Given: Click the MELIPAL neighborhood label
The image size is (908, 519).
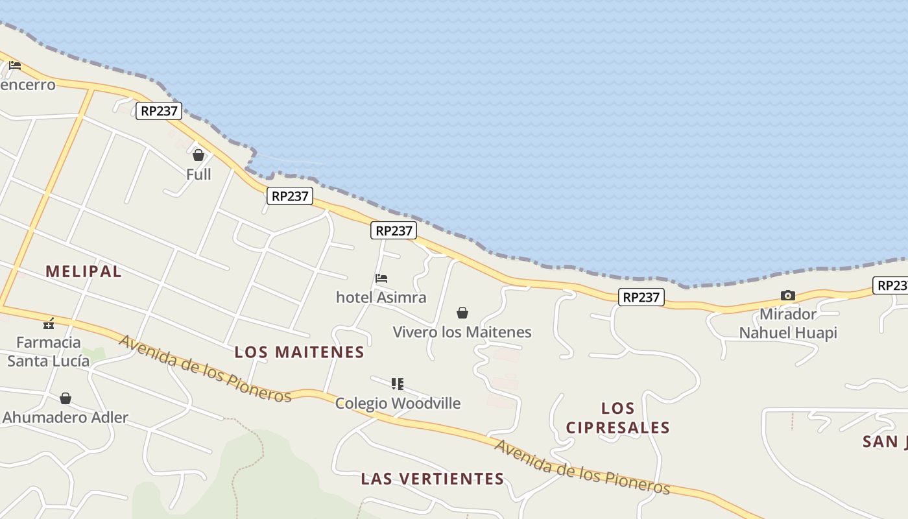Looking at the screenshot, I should point(83,271).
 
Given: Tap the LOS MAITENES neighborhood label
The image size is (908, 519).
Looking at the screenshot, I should point(299,352).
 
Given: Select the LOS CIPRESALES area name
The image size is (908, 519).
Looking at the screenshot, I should point(617,418).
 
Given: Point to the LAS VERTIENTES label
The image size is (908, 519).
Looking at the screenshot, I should point(433,479).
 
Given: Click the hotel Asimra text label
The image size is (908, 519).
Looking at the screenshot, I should point(381,297).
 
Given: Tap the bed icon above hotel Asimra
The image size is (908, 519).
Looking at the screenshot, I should point(381,278).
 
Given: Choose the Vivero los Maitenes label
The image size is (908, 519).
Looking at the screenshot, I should point(462,332).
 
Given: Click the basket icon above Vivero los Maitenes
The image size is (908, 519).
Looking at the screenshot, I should point(462,313).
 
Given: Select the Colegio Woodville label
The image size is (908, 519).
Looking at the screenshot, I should point(398,403).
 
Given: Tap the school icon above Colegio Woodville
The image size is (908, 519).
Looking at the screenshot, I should point(398,384).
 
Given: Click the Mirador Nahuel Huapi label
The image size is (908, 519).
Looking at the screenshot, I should point(788,324).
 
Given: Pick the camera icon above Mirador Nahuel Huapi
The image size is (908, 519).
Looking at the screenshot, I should point(788,296).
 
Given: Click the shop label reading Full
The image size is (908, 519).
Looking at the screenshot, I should point(198,175).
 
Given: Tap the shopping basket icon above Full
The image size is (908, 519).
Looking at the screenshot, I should point(198,155).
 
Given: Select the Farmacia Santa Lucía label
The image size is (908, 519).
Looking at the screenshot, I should point(49,352).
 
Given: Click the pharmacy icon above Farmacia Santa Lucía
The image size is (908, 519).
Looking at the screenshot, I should point(49,323).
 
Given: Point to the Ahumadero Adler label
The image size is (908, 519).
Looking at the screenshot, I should point(66,417).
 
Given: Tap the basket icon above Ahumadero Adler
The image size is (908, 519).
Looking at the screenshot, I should point(66,398).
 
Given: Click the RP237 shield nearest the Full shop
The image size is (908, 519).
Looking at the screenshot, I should point(159,111).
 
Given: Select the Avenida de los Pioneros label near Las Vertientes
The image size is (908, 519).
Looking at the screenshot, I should point(582,467).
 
